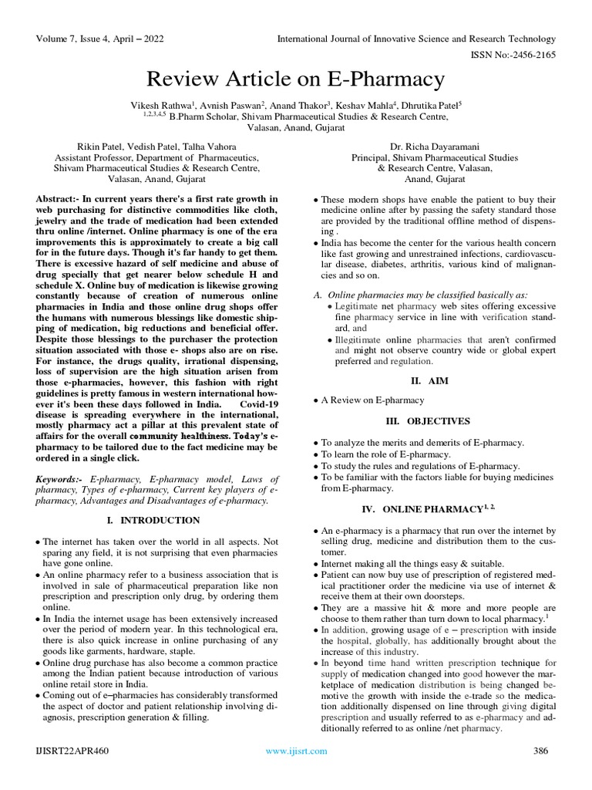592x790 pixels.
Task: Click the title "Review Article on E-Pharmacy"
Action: pos(296,79)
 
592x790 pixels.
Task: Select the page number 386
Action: pos(542,751)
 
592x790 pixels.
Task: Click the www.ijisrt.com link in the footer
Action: pos(296,751)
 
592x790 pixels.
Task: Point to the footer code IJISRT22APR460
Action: pos(72,751)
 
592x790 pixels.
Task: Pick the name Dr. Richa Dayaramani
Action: pos(436,146)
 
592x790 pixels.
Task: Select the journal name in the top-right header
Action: pos(416,39)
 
